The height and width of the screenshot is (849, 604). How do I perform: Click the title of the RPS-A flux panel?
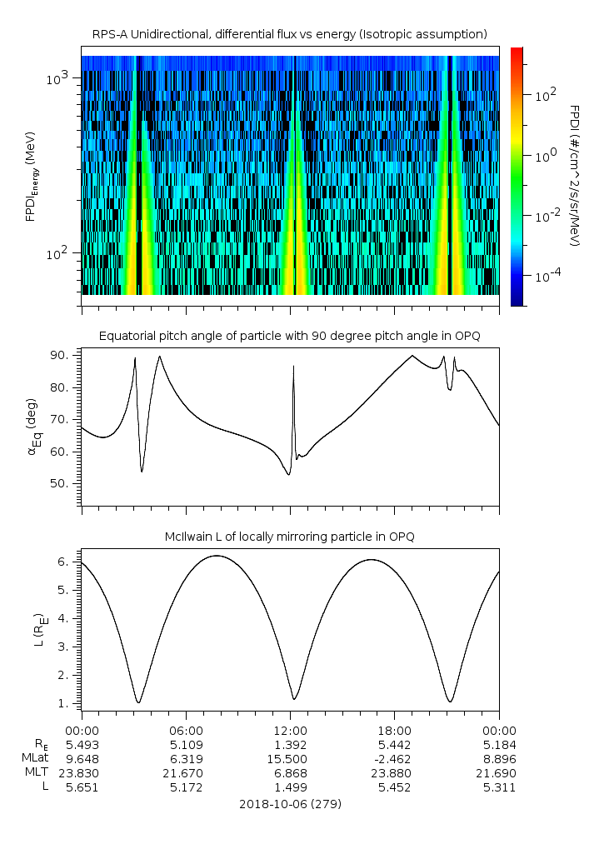click(x=290, y=34)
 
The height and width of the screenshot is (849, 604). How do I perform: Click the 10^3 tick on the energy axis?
click(x=60, y=78)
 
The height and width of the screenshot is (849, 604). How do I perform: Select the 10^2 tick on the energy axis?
click(x=60, y=253)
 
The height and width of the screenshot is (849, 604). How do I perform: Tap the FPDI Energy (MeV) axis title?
click(x=32, y=177)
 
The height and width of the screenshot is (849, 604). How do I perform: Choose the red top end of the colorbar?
click(x=517, y=52)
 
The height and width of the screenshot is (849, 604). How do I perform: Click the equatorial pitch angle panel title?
click(x=290, y=336)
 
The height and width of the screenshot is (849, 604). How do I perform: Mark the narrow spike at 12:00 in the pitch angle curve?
click(x=293, y=367)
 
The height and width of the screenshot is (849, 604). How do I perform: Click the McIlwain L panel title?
click(x=290, y=537)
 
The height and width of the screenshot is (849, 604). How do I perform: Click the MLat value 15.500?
click(x=291, y=758)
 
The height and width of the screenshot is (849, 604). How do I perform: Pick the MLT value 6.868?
click(x=291, y=772)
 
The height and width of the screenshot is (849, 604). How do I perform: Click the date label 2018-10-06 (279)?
click(x=290, y=804)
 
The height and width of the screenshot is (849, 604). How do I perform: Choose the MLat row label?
click(x=37, y=758)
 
